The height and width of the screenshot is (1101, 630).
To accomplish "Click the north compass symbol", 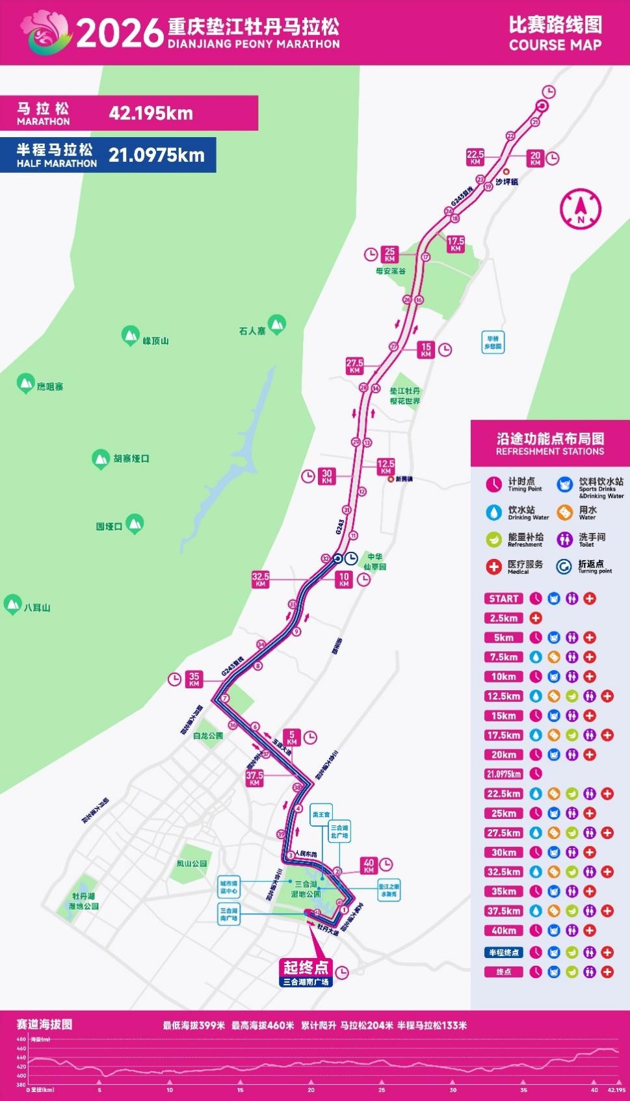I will (581, 208).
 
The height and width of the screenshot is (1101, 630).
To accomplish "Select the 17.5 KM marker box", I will (455, 244).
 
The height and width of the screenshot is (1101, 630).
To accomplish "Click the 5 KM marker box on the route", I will (292, 738).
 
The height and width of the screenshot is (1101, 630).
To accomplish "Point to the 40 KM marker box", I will (369, 866).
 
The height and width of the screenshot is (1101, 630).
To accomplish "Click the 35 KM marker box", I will (194, 680).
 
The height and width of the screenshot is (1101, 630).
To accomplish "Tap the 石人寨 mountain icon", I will (278, 323).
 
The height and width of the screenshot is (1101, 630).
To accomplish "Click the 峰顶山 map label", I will (156, 341).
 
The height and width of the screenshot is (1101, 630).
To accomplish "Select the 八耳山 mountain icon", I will (12, 604).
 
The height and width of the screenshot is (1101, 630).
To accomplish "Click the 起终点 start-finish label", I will (306, 966).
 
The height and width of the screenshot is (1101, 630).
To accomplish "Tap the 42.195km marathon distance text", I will (151, 114).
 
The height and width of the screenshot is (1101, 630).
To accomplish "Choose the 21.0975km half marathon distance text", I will (157, 155).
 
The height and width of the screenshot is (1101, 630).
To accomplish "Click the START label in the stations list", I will (504, 599).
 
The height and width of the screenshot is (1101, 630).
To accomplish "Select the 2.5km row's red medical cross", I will (536, 618).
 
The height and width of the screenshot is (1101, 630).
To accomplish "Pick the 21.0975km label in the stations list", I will (504, 774).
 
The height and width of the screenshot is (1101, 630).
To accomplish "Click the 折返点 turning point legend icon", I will (564, 566).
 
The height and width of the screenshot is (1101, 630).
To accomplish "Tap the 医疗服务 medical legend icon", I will (494, 566).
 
